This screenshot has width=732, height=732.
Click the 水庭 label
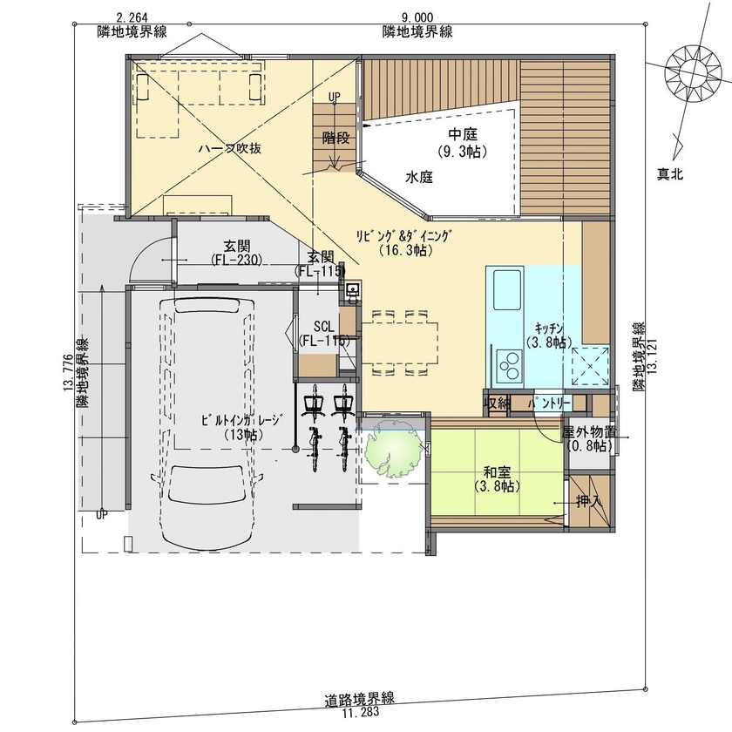(419, 176)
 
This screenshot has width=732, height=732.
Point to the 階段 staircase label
(335, 138)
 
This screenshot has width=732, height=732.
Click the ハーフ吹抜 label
(230, 149)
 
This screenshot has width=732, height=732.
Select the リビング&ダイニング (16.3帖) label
(405, 242)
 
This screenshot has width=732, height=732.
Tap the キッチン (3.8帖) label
(551, 335)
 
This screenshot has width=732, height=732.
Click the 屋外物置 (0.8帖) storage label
(590, 438)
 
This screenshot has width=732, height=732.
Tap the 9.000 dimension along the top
(417, 17)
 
